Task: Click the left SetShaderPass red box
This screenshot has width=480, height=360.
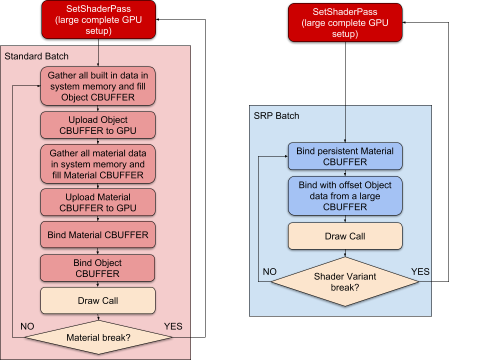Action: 98,19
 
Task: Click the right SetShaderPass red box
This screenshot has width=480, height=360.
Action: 345,23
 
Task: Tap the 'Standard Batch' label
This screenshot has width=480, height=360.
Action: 36,56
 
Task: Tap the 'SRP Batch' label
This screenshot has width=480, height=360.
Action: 276,115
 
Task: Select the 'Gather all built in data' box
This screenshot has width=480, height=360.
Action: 98,86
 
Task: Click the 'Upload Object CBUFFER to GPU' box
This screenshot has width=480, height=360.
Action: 98,125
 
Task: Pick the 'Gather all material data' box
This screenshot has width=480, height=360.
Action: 98,164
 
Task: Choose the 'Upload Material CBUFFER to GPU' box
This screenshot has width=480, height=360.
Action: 98,202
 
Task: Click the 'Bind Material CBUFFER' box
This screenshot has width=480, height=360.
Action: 98,234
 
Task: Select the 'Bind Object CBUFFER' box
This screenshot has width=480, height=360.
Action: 98,268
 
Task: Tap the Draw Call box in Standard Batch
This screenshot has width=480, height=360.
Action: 98,300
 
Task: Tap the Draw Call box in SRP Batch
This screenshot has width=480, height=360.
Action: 345,236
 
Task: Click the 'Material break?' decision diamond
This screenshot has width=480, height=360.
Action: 98,337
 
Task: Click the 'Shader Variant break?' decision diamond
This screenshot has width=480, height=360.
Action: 345,282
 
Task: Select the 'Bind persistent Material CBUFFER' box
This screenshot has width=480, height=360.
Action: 345,156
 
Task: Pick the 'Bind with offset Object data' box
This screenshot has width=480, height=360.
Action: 345,195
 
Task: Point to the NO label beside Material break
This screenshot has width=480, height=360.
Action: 27,326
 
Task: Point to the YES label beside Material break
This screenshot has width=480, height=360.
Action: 173,326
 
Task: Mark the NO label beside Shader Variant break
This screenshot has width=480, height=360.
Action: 269,271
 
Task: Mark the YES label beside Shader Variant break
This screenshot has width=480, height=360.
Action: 420,271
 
